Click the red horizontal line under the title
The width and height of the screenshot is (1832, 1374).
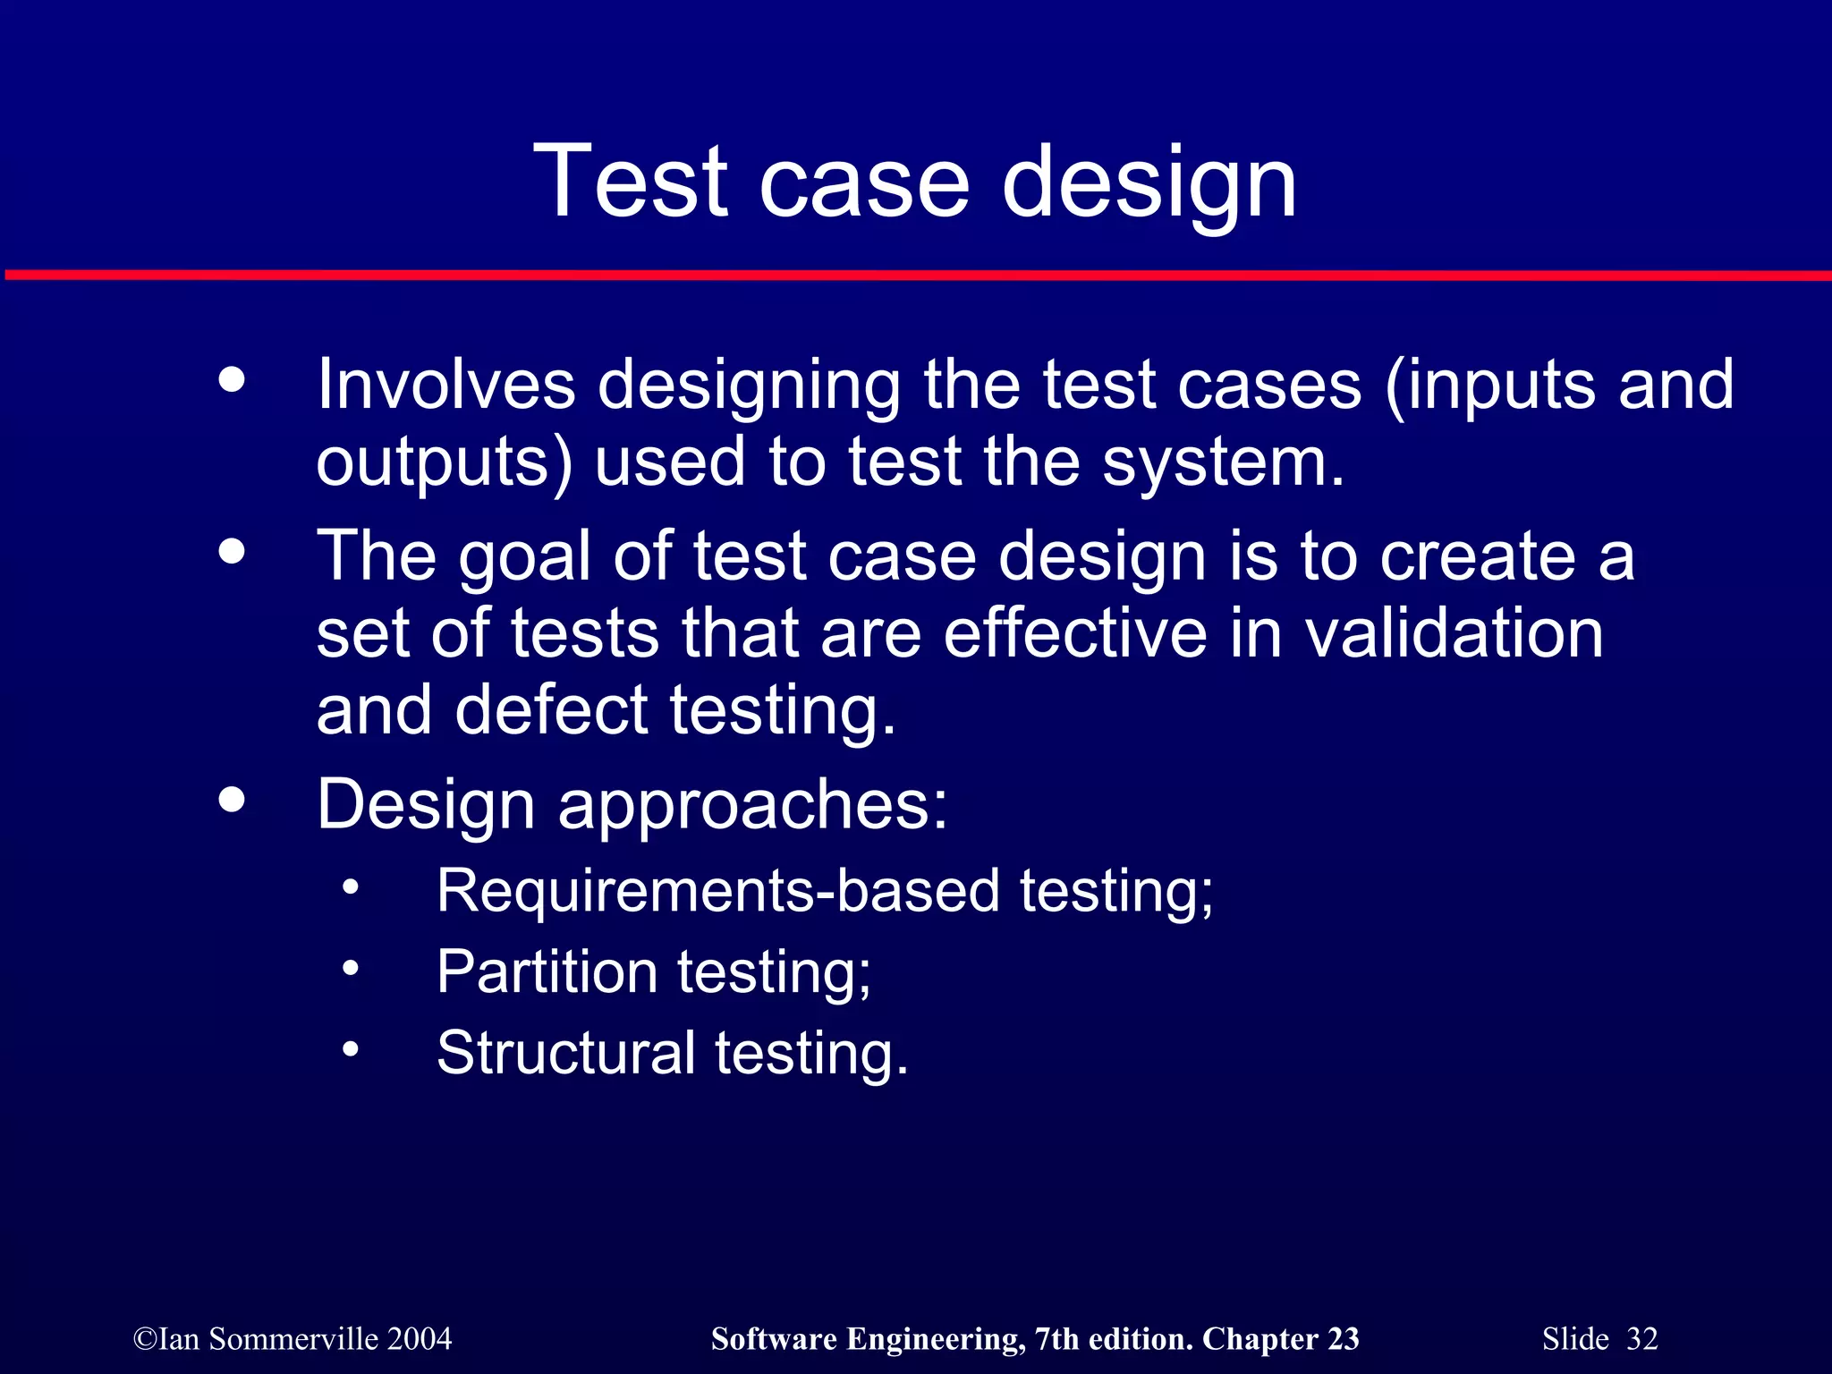click(916, 276)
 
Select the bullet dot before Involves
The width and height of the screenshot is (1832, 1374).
click(232, 380)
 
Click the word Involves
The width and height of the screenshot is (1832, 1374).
click(445, 385)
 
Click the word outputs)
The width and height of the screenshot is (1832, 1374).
click(444, 463)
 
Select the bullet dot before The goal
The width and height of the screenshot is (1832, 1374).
click(232, 551)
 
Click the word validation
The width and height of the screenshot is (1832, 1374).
click(1454, 633)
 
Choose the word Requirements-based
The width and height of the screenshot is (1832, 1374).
click(717, 891)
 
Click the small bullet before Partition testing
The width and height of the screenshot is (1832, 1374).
click(350, 968)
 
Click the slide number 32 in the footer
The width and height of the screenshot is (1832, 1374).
click(1641, 1339)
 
